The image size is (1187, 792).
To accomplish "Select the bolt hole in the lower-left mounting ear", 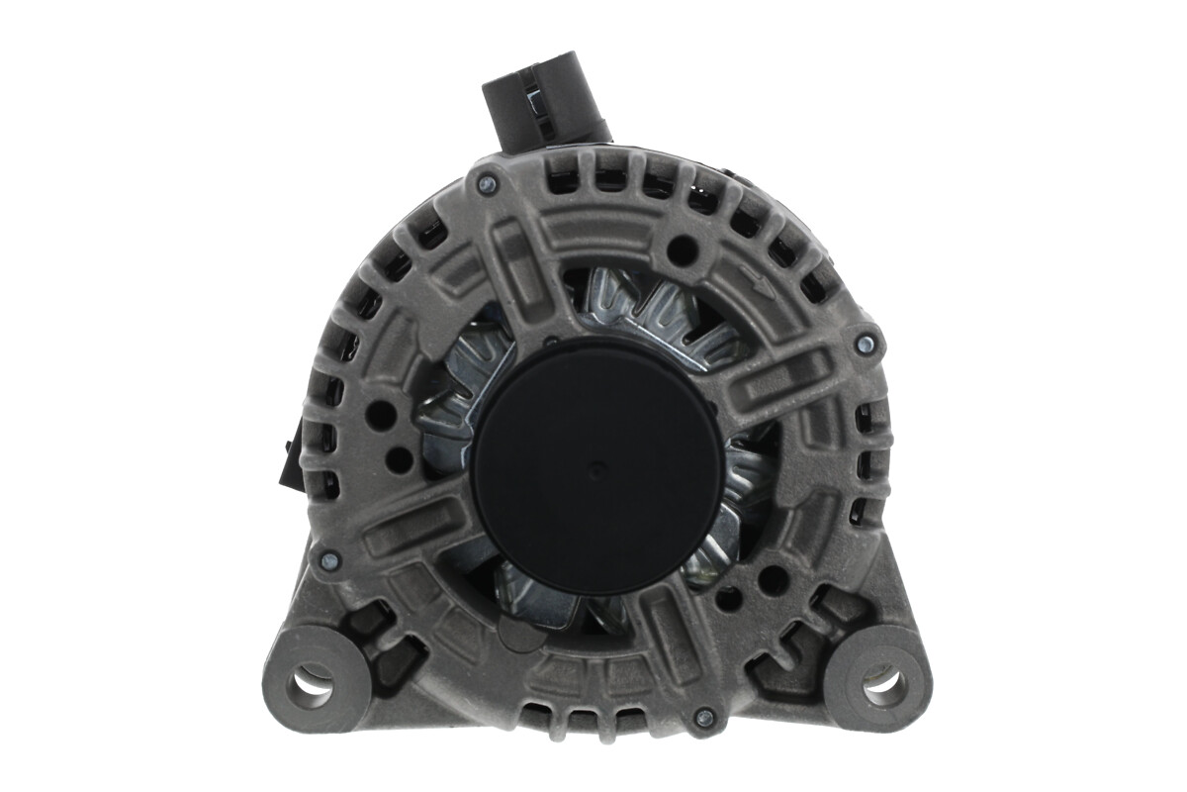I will (311, 683).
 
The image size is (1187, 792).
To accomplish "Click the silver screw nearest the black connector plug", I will (486, 183).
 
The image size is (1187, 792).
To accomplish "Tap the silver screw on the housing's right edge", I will (866, 344).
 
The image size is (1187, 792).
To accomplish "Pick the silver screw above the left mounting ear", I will (329, 560).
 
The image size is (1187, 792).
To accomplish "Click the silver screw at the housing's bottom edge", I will (703, 717).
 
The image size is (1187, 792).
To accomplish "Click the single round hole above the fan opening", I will (680, 250).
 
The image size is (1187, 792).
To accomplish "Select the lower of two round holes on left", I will (398, 458).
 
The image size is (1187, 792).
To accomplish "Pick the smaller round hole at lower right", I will (729, 599).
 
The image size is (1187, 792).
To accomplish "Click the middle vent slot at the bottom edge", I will (571, 710).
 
